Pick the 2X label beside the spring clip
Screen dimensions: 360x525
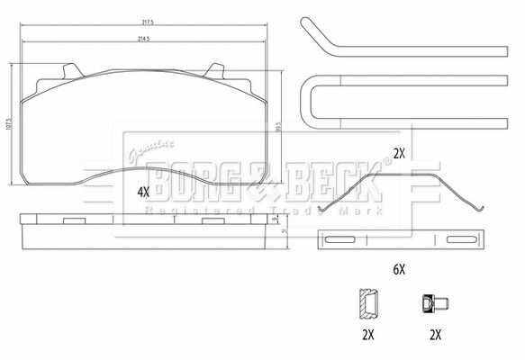pos(399,154)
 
